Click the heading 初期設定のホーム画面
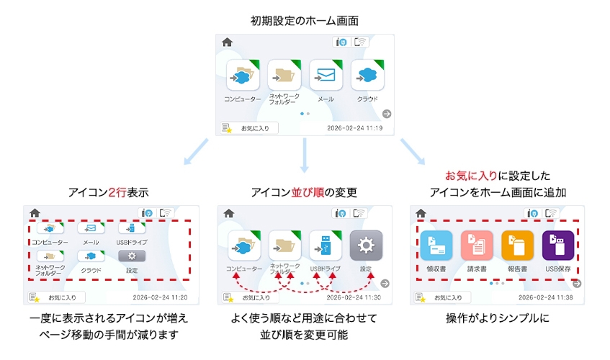click(305, 20)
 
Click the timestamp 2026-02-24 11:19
click(354, 128)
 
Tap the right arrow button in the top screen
click(387, 114)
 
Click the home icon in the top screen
click(228, 42)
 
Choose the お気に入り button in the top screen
click(249, 128)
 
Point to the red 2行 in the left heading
click(117, 192)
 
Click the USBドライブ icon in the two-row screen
click(132, 229)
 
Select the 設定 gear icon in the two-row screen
click(132, 256)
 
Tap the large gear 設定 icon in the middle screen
click(366, 246)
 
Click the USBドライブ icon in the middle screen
click(325, 246)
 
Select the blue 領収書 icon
click(436, 246)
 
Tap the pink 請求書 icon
click(476, 246)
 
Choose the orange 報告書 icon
click(517, 246)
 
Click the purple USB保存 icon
click(557, 246)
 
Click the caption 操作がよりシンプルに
click(498, 318)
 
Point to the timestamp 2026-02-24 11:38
click(547, 297)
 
